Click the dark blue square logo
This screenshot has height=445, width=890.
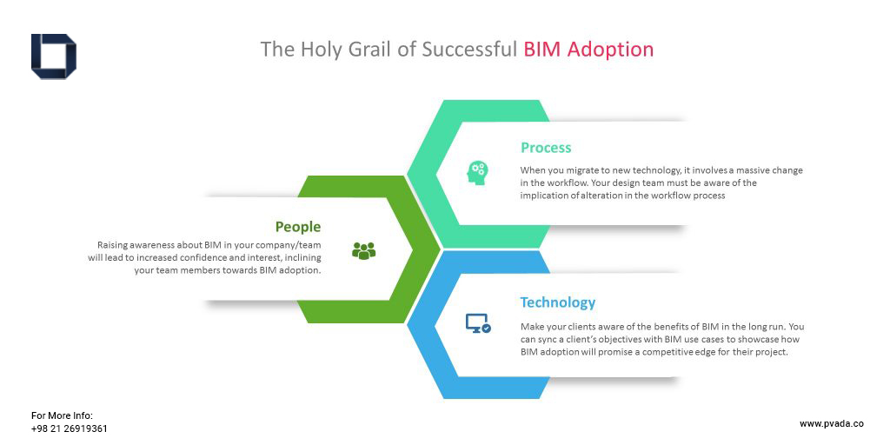tap(54, 56)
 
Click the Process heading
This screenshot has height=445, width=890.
tap(546, 148)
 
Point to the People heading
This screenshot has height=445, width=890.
tap(298, 227)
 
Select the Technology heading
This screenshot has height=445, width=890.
tap(558, 302)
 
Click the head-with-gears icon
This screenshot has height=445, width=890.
tap(477, 172)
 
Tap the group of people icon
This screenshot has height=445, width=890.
tap(364, 250)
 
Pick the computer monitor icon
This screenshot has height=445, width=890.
tap(478, 323)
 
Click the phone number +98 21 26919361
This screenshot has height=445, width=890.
tap(70, 428)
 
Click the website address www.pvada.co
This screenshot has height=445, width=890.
tap(832, 423)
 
